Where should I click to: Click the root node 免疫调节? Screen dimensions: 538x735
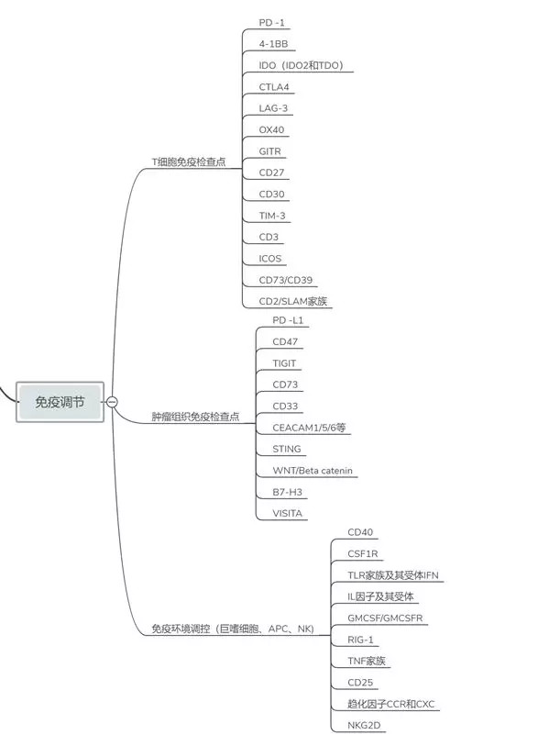[60, 402]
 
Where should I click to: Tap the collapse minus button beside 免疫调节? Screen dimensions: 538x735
[112, 402]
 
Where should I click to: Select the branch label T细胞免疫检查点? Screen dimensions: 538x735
[189, 161]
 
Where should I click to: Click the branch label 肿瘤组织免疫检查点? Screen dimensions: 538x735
[195, 417]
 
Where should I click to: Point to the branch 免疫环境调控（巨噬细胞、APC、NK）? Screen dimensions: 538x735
[233, 629]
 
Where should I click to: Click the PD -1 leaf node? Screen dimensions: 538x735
[271, 23]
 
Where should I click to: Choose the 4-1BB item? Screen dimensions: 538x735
[273, 44]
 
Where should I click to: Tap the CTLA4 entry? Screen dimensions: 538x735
[274, 87]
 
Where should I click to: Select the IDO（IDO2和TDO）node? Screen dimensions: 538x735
[301, 65]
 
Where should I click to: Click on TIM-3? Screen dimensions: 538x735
[272, 216]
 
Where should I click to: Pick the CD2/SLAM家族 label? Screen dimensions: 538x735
[293, 301]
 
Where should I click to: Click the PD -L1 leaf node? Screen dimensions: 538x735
[288, 320]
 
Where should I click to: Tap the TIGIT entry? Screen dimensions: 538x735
[284, 363]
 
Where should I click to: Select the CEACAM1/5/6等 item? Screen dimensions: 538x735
[309, 428]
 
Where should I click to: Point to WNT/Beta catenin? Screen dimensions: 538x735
[313, 471]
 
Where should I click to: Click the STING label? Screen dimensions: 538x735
[287, 449]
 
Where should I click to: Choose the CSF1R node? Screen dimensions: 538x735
[362, 553]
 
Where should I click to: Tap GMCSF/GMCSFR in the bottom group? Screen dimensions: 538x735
[385, 618]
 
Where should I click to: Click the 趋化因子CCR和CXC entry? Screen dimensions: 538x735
[391, 704]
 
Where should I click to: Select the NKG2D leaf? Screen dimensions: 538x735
[364, 725]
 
